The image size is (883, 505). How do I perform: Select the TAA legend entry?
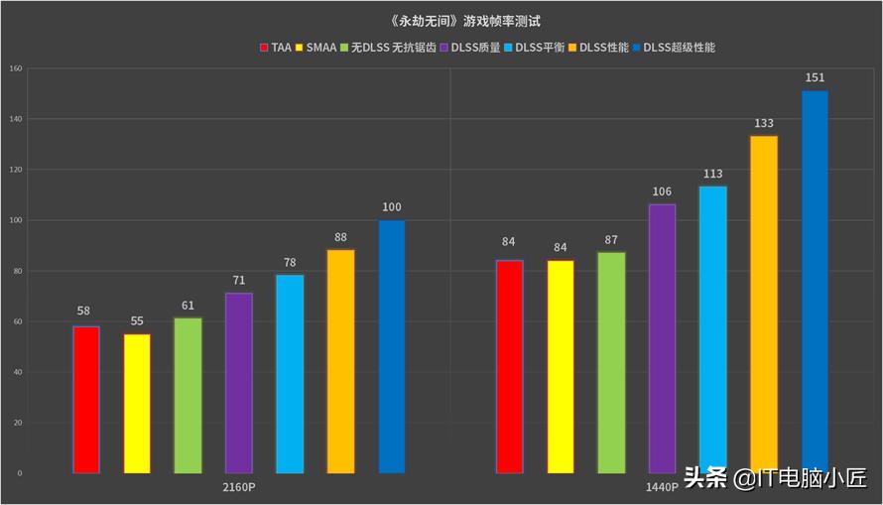pyautogui.click(x=276, y=48)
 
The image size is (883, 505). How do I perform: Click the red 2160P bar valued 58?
pyautogui.click(x=86, y=399)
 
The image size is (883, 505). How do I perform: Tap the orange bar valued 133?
pyautogui.click(x=763, y=304)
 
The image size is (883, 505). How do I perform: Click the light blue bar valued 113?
pyautogui.click(x=712, y=329)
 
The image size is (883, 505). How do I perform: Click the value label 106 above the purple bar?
pyautogui.click(x=662, y=191)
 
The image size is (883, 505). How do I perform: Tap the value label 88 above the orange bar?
pyautogui.click(x=340, y=237)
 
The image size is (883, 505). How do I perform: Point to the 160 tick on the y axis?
pyautogui.click(x=15, y=68)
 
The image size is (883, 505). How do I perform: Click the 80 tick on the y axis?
pyautogui.click(x=17, y=271)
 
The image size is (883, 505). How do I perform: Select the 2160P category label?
pyautogui.click(x=238, y=487)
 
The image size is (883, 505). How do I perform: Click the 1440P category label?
pyautogui.click(x=662, y=487)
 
